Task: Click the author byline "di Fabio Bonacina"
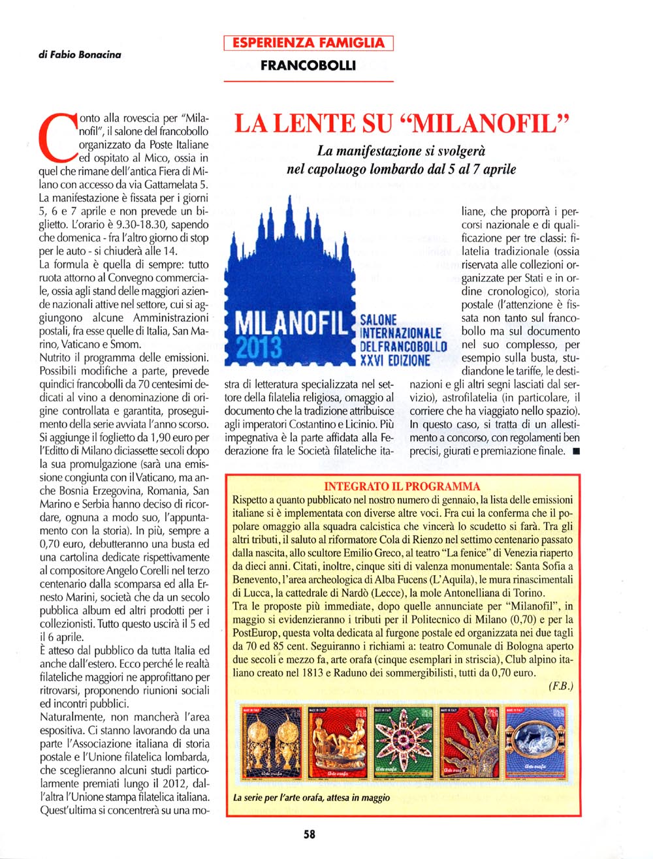click(80, 55)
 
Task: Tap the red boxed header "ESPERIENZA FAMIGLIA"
click(308, 44)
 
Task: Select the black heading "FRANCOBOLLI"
click(308, 65)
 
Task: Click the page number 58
click(310, 834)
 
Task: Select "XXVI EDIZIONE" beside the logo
click(395, 360)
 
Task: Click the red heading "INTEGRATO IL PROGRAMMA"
click(402, 486)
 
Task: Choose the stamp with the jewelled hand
click(469, 742)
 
